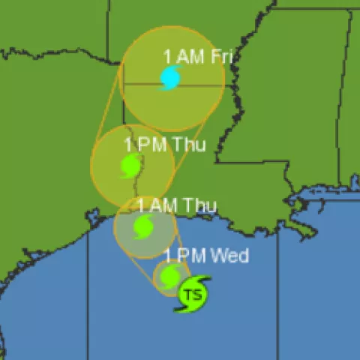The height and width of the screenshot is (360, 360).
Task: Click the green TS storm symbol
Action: [x=192, y=293]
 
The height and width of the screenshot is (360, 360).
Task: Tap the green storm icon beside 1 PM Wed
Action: [x=171, y=275]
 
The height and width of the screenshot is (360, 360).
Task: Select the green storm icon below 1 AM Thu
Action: [x=143, y=227]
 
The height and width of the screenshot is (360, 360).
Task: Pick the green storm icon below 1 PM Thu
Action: [x=131, y=166]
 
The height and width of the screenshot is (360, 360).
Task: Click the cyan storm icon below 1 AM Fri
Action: [x=171, y=77]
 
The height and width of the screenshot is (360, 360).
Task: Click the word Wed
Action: [x=229, y=256]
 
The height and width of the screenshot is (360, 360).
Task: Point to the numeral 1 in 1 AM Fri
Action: [x=167, y=56]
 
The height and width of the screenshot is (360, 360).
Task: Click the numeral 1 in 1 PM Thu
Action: [x=129, y=144]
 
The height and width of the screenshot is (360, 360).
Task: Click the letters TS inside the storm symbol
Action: [x=193, y=295]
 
